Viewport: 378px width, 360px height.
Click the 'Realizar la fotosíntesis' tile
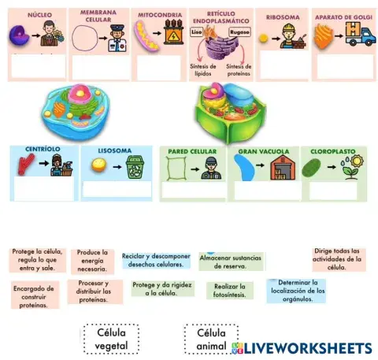(x=229, y=291)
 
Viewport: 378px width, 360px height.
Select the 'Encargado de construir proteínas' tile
(x=34, y=296)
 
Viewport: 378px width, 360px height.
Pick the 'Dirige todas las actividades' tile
(x=337, y=258)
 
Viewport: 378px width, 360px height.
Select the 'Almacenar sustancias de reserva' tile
(x=231, y=262)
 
